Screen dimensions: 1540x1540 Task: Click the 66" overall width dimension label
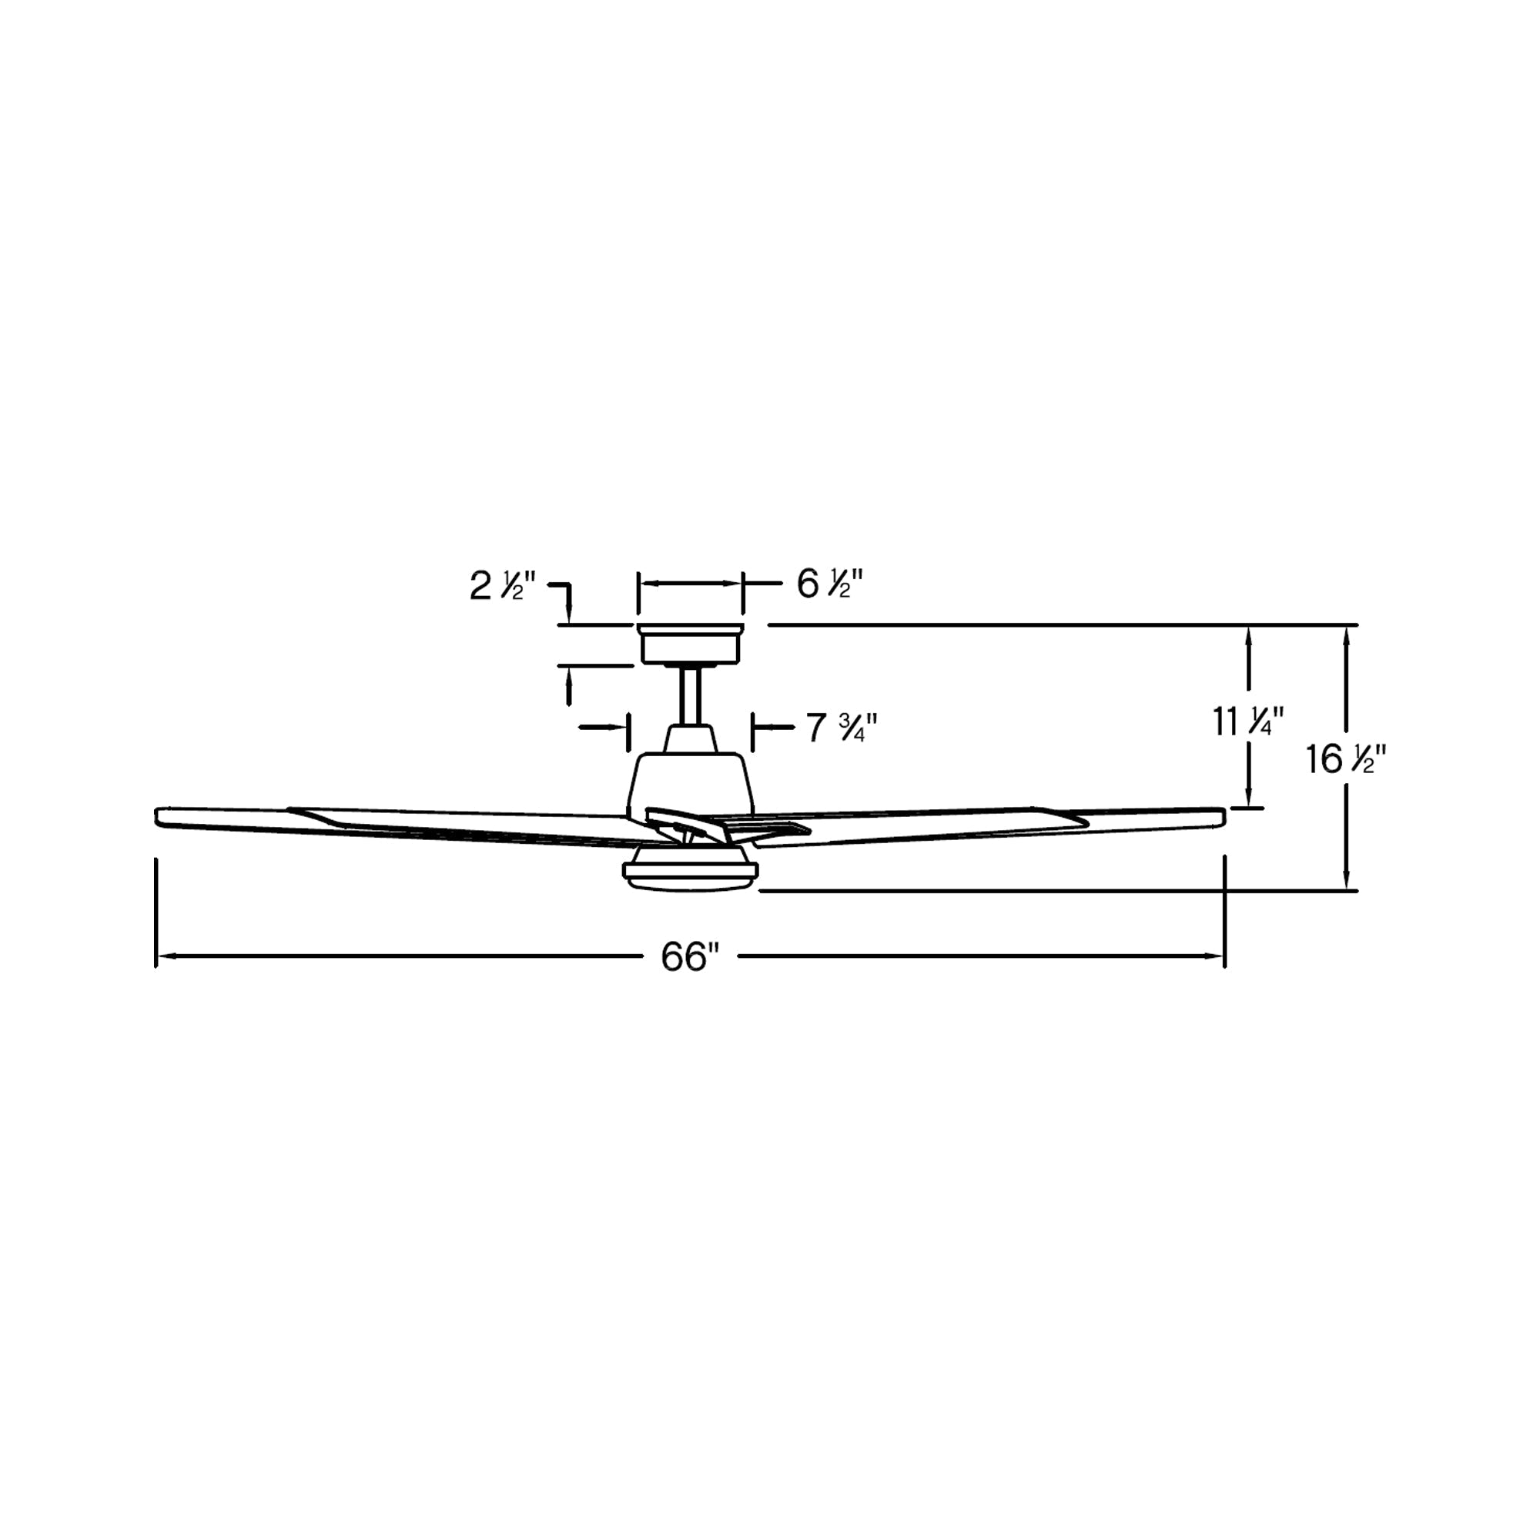[689, 956]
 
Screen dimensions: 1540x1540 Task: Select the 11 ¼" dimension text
[1248, 722]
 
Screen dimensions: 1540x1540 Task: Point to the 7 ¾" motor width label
[842, 728]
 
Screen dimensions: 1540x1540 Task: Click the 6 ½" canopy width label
[830, 584]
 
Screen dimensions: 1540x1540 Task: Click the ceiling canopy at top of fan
[690, 644]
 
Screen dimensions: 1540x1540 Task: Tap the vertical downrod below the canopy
[690, 695]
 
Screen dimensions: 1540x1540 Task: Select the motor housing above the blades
[690, 785]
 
